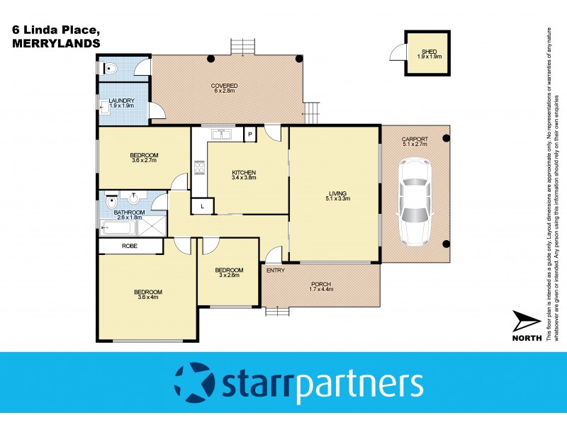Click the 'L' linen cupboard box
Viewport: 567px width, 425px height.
[202, 206]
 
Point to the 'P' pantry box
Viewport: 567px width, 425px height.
[249, 133]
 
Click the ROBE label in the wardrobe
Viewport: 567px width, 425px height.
[130, 246]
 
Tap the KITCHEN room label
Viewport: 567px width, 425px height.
[244, 173]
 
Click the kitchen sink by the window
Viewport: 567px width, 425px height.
[225, 132]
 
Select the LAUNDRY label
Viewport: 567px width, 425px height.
[122, 101]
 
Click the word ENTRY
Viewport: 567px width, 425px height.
[276, 270]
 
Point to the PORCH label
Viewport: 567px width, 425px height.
[320, 285]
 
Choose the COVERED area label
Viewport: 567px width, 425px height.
[224, 86]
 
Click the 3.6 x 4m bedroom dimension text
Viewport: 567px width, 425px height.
[148, 297]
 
